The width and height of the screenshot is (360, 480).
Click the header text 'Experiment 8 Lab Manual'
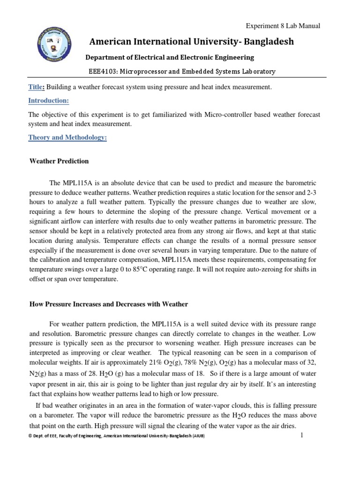283,26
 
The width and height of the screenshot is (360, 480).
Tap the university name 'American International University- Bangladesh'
191,42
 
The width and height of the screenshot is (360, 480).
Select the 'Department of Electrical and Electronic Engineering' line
169,57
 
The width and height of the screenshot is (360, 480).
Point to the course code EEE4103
103,72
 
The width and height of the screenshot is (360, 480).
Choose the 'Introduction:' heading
48,101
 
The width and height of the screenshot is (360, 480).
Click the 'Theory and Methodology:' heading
67,137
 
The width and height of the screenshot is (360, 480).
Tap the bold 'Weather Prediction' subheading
59,161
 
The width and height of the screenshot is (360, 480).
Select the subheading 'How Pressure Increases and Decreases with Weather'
109,304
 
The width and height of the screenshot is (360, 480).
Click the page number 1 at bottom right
302,435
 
